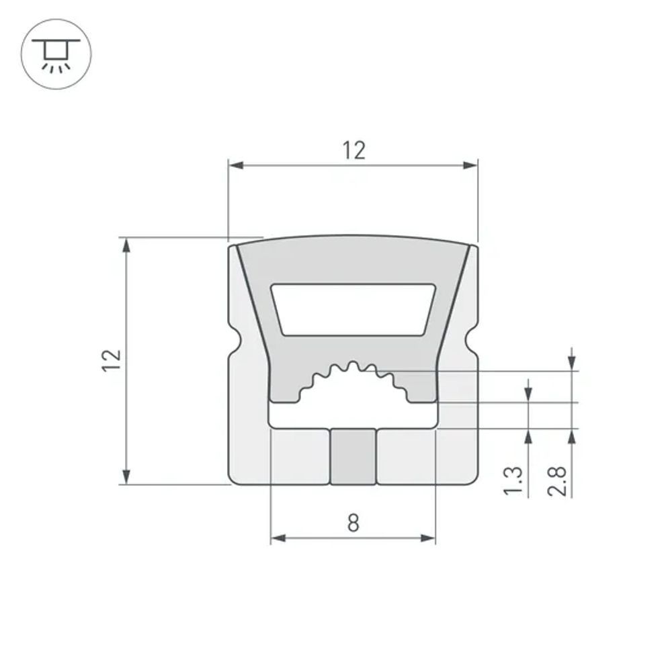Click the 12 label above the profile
(353, 150)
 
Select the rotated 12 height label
(113, 360)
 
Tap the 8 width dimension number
(353, 522)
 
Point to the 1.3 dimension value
(513, 480)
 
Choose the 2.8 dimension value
(558, 480)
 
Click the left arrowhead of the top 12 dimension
(235, 164)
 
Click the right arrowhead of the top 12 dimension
(470, 164)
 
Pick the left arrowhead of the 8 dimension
(278, 538)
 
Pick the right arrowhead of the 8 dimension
(428, 538)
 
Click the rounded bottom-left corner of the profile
(235, 478)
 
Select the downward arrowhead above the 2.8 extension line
(571, 363)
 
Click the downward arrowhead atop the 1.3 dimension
(528, 395)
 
